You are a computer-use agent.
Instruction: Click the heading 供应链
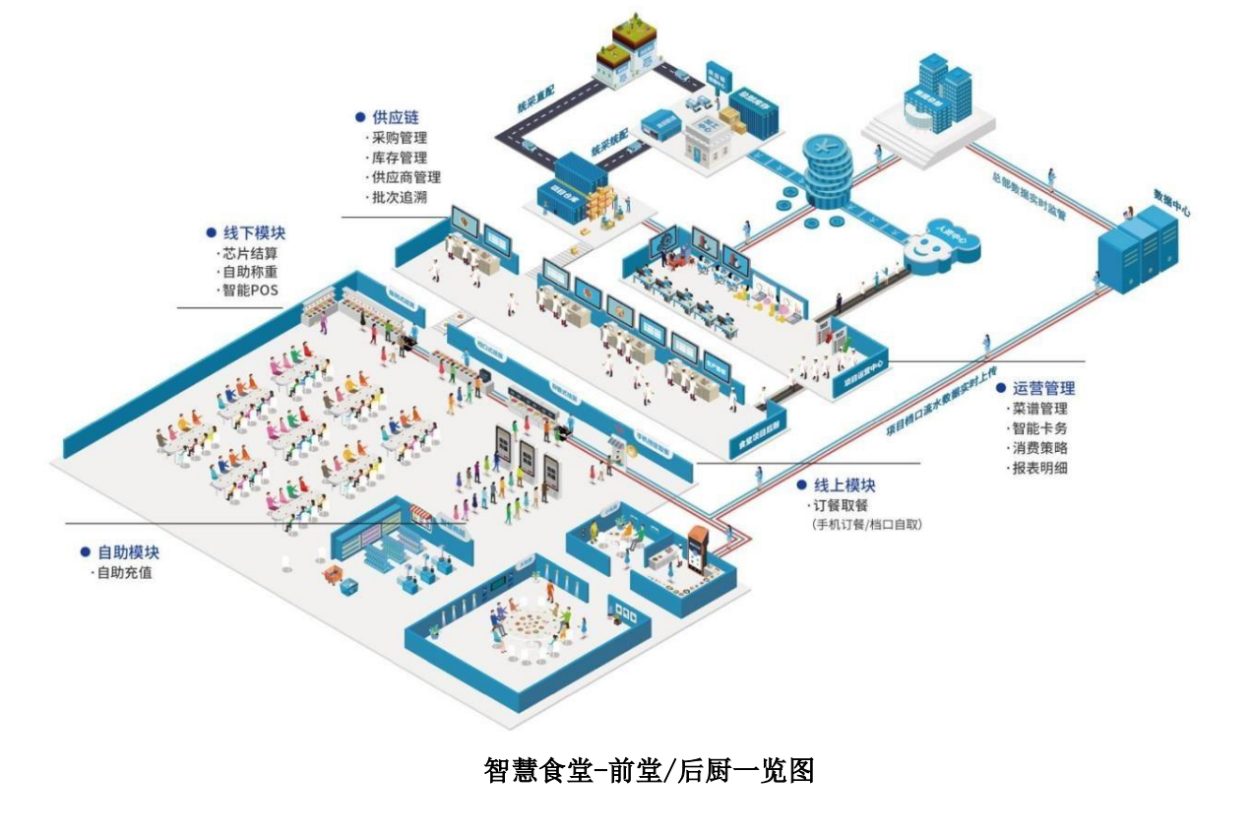395,117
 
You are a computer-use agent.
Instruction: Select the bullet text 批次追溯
400,198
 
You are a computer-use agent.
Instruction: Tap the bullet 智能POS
251,290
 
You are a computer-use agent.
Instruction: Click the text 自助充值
124,572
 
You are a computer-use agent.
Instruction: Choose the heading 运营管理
1043,388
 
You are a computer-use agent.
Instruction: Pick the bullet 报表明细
1039,468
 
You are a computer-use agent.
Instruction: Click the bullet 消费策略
1039,448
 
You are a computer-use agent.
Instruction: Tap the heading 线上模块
844,485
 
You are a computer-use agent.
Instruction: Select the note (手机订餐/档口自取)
866,524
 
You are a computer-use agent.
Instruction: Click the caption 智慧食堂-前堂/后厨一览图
650,769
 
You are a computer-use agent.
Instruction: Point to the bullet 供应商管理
406,177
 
